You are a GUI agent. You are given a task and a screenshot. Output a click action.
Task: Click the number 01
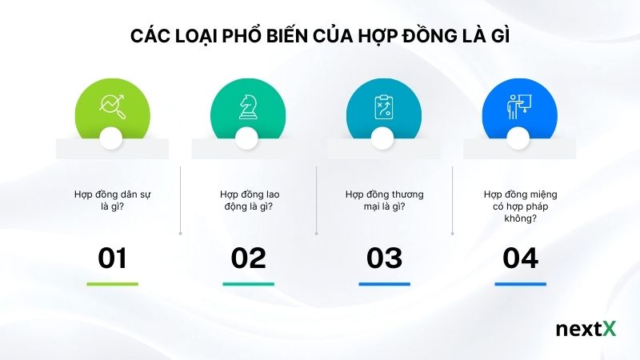(x=112, y=258)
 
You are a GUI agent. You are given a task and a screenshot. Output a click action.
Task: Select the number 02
(x=248, y=258)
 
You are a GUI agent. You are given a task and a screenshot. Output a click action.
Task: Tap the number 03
(x=384, y=258)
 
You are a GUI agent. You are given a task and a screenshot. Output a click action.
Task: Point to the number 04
(x=520, y=258)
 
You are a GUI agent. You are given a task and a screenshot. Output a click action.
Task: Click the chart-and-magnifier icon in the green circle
(x=112, y=106)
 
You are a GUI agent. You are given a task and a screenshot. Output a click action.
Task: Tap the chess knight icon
(x=248, y=106)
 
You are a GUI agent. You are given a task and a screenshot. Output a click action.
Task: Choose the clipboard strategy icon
(x=384, y=106)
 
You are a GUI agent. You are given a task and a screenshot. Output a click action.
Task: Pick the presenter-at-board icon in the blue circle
(x=520, y=106)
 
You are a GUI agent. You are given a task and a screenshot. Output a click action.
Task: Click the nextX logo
(x=586, y=330)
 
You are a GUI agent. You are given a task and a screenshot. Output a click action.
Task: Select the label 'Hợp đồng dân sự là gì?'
(x=112, y=200)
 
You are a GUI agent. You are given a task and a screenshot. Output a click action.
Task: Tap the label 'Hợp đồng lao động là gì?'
(x=248, y=200)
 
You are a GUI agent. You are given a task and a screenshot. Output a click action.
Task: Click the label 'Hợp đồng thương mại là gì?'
(x=384, y=200)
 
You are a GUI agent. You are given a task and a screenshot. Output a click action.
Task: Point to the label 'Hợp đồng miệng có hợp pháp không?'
(x=520, y=206)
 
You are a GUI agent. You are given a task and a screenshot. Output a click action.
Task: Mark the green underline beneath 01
(x=112, y=284)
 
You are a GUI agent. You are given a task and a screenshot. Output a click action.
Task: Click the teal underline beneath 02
(x=248, y=284)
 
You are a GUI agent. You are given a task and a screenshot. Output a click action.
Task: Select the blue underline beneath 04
(x=520, y=284)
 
